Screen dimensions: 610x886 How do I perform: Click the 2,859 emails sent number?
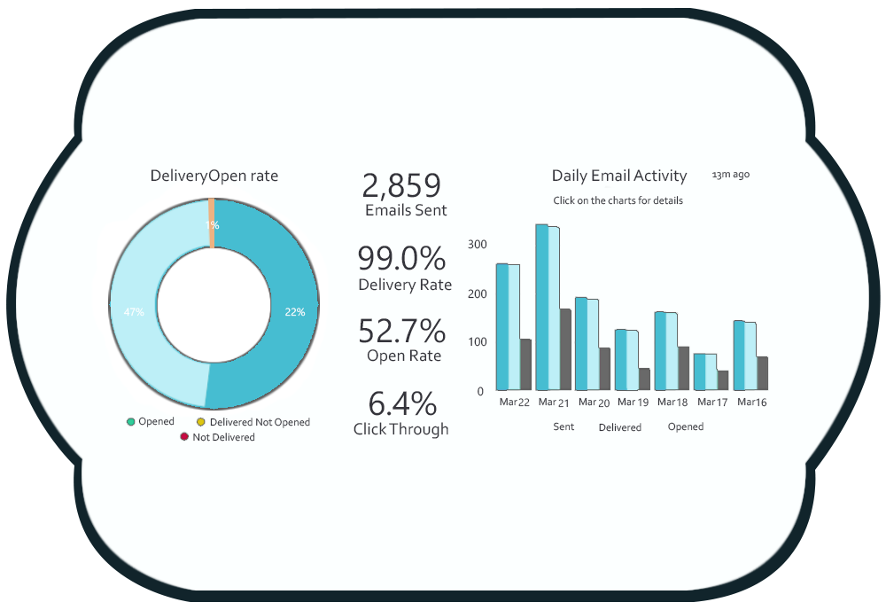click(401, 186)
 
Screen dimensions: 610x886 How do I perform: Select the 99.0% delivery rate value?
click(401, 258)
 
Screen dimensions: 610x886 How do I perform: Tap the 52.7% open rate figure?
click(401, 331)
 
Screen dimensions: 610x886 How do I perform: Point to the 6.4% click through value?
click(402, 404)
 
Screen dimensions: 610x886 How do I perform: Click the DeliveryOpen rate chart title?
click(214, 176)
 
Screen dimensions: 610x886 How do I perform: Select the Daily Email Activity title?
click(619, 176)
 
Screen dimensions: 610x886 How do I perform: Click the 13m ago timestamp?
click(731, 175)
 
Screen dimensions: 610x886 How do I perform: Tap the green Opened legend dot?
click(131, 422)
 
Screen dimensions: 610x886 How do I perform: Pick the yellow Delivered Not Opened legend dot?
click(200, 423)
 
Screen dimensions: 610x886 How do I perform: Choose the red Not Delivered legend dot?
click(184, 437)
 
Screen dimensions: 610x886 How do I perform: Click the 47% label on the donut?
click(134, 312)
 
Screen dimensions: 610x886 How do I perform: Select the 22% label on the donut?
click(295, 312)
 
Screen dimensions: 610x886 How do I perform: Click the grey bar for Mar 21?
click(565, 349)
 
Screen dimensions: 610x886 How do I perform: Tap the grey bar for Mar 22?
click(525, 364)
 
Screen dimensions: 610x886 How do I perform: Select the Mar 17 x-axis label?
click(711, 403)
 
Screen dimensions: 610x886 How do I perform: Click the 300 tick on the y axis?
click(478, 244)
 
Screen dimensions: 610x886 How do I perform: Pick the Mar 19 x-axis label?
click(633, 403)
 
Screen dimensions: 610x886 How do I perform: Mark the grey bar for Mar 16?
click(762, 373)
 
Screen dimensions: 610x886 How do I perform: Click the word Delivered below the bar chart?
click(619, 427)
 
